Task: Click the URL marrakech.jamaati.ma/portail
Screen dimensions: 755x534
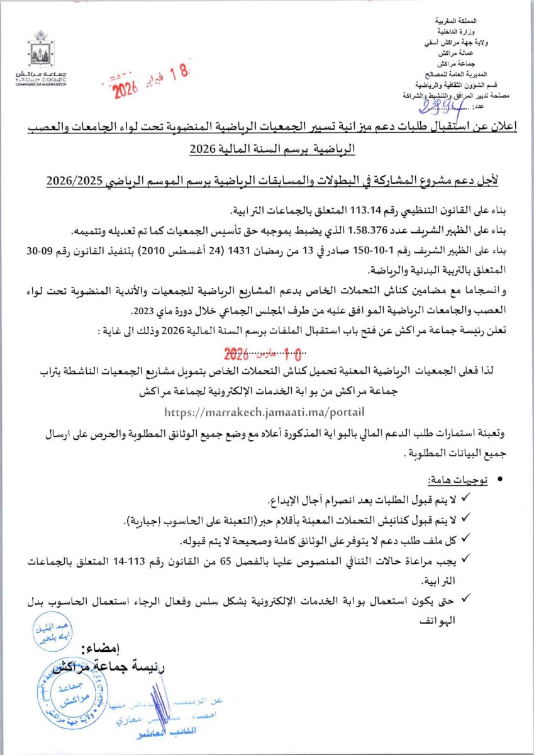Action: coord(264,412)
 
